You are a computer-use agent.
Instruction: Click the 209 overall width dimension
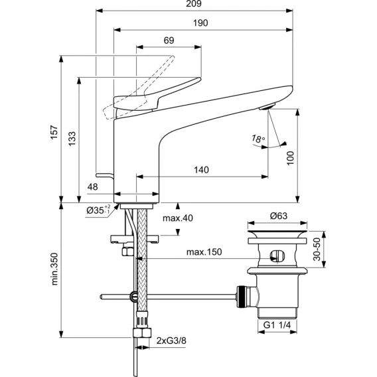[194, 3]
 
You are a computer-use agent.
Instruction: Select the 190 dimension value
[200, 23]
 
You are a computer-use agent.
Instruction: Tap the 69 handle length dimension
[169, 40]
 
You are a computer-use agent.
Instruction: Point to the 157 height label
[54, 132]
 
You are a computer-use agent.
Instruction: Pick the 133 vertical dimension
[72, 139]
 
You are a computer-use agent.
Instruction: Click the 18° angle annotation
[258, 139]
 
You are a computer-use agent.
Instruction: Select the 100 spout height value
[291, 158]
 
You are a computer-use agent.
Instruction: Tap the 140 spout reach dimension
[201, 170]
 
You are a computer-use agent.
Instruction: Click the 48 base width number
[92, 187]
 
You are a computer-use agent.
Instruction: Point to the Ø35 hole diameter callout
[98, 210]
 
